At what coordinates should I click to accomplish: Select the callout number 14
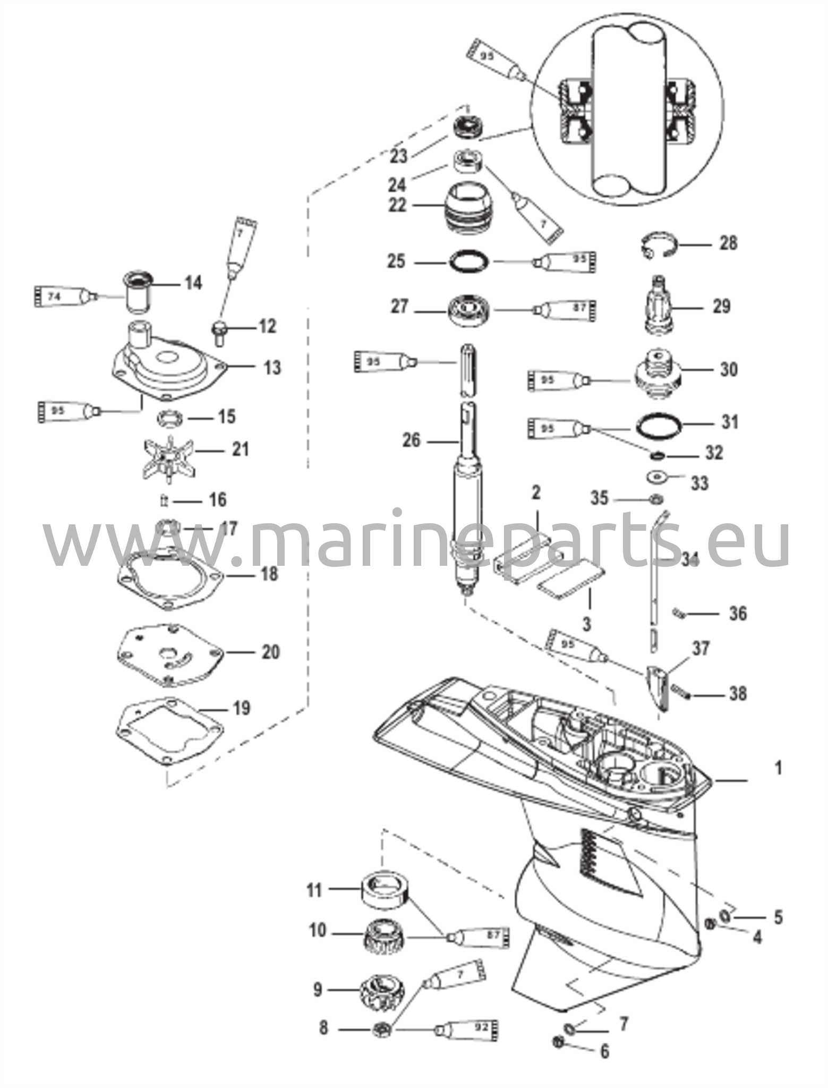[193, 283]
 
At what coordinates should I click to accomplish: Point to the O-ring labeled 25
[468, 262]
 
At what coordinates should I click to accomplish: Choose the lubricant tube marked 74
[61, 295]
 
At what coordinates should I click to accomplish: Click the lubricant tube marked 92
[468, 1030]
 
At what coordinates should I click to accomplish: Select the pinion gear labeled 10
[385, 943]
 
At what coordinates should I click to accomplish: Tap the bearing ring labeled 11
[385, 890]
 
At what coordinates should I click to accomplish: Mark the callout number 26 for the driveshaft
[412, 440]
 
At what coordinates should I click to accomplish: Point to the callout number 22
[397, 205]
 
